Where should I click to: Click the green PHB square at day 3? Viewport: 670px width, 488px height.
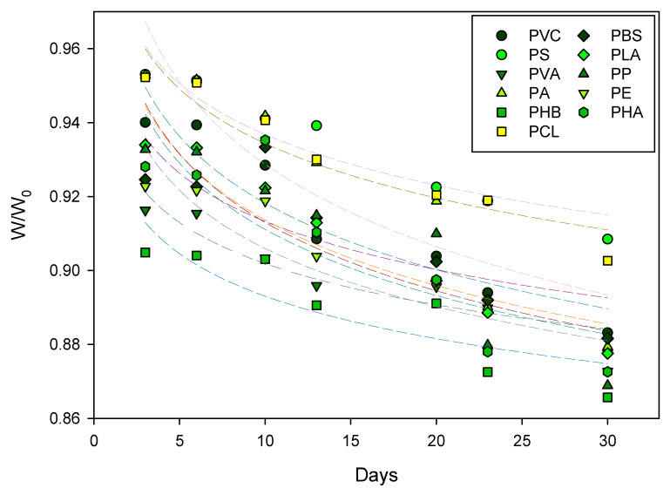coord(146,253)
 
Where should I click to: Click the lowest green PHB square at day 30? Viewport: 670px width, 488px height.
coord(607,397)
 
